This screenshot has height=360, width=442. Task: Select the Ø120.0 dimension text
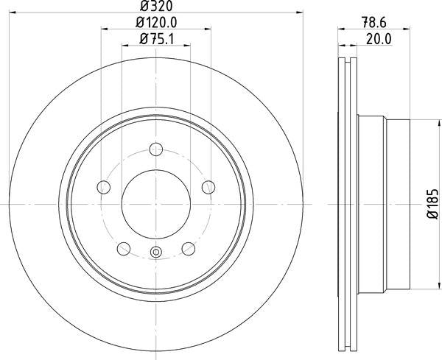[x=156, y=23]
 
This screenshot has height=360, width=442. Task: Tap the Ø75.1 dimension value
[x=156, y=40]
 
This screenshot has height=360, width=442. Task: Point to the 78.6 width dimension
[x=378, y=23]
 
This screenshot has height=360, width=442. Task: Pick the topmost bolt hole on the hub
[x=156, y=149]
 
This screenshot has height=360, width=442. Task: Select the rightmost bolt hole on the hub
[x=208, y=187]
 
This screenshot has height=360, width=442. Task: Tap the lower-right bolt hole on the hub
[x=189, y=247]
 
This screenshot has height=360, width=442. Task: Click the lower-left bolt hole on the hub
[x=124, y=247]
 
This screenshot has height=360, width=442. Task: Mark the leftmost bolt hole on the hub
[x=103, y=187]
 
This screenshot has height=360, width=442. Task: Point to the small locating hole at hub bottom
[x=156, y=254]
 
